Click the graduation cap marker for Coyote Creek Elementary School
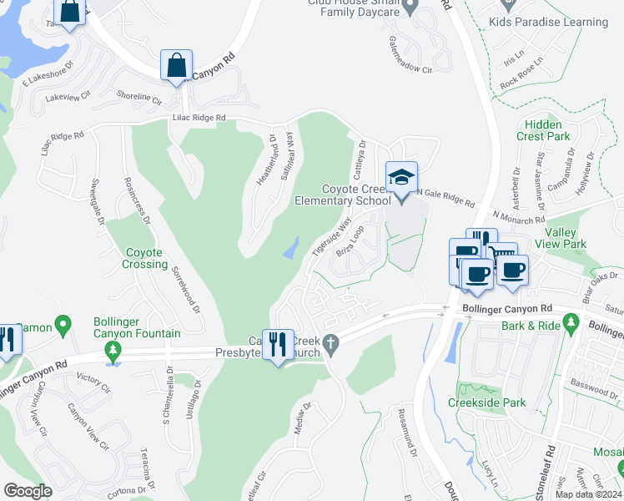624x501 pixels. (401, 178)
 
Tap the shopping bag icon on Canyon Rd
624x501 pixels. (177, 65)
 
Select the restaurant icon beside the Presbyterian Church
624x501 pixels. (278, 343)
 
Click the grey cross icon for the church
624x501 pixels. (331, 343)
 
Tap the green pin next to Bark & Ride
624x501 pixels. (571, 321)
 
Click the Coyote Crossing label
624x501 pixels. (135, 258)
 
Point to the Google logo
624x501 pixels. (28, 491)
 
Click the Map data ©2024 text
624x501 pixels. (588, 494)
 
